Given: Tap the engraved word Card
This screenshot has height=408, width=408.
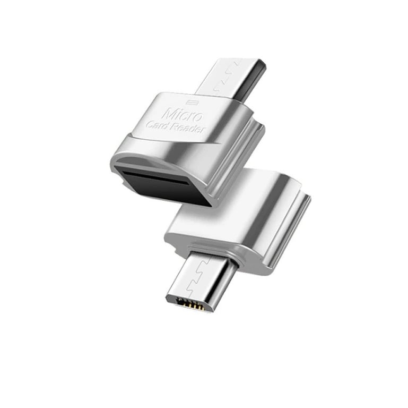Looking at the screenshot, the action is tap(159, 125).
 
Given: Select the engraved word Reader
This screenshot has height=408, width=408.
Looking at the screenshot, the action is tap(188, 128).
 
